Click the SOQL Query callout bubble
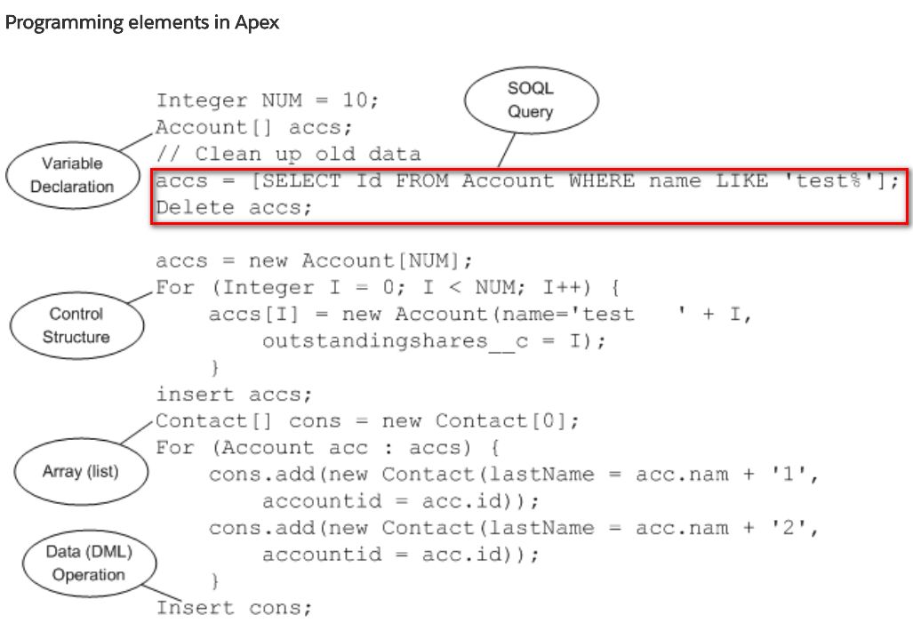click(x=530, y=100)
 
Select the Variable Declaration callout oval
click(x=72, y=175)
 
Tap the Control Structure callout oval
click(x=76, y=325)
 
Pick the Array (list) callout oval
click(x=80, y=471)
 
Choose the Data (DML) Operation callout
click(x=88, y=563)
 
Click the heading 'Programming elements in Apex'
click(x=142, y=23)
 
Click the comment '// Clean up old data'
click(x=288, y=154)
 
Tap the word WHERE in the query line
click(x=602, y=181)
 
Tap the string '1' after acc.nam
click(x=802, y=475)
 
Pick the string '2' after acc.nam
click(x=802, y=528)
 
